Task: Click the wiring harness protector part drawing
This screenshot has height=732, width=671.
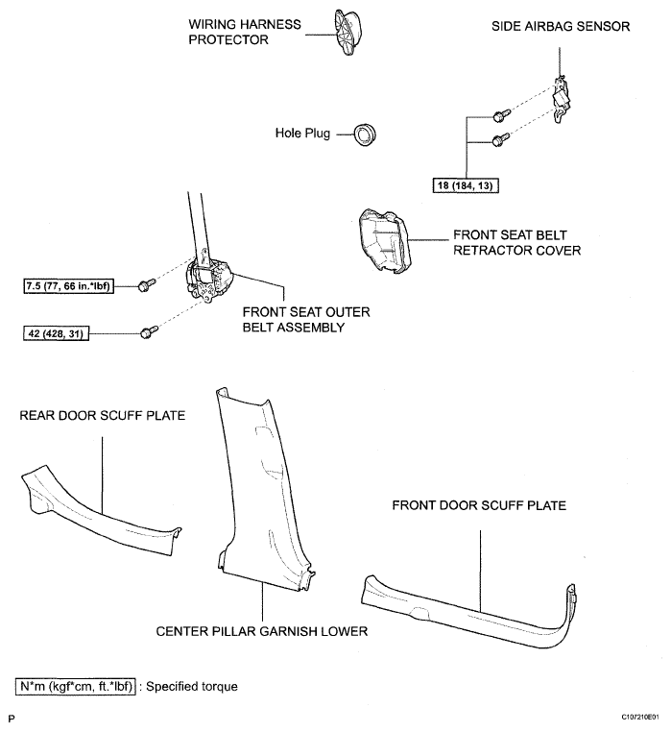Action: click(347, 33)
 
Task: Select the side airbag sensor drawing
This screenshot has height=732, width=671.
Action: click(563, 98)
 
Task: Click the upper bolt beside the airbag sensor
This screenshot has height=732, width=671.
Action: click(502, 114)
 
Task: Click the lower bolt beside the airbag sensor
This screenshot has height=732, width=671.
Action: click(502, 138)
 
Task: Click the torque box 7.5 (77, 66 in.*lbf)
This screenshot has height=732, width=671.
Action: click(68, 285)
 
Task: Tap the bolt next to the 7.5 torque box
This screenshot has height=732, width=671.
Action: click(147, 284)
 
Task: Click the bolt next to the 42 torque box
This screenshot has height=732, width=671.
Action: click(149, 332)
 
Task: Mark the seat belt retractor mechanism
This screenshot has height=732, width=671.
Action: click(207, 279)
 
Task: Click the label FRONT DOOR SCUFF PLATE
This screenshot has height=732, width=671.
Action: click(479, 505)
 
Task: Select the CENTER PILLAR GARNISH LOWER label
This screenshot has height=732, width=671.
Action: click(262, 631)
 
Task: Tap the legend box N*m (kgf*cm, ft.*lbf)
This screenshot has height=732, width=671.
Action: click(76, 686)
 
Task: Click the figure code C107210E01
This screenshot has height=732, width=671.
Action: click(640, 717)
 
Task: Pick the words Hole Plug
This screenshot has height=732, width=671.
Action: click(302, 134)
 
